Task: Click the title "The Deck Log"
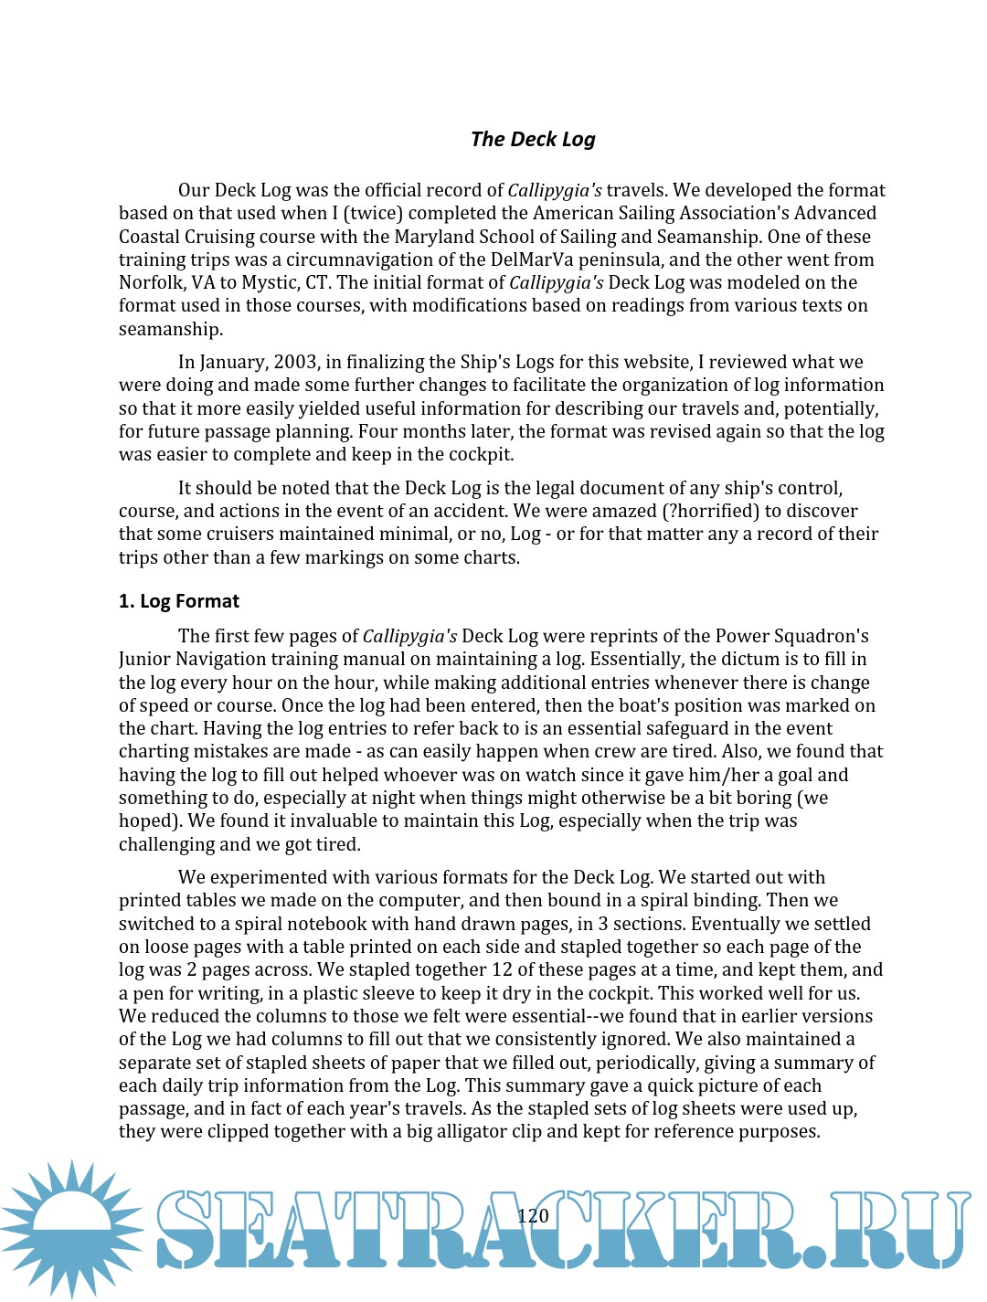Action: pyautogui.click(x=533, y=139)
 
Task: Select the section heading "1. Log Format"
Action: pyautogui.click(x=179, y=601)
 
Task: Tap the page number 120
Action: pyautogui.click(x=533, y=1215)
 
